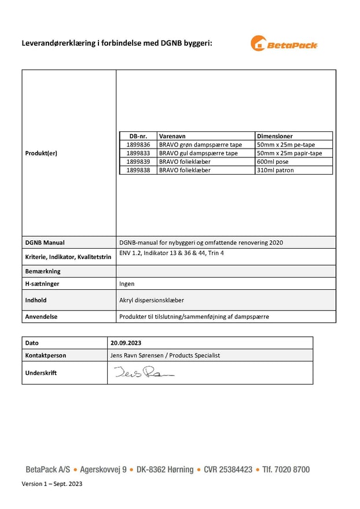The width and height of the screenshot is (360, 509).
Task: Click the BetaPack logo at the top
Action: click(x=284, y=43)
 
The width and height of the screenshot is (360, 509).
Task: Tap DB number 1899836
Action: click(x=138, y=145)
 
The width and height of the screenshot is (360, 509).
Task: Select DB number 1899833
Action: click(x=138, y=153)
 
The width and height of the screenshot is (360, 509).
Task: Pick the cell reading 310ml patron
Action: click(x=275, y=171)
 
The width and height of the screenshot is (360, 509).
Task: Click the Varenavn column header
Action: click(x=172, y=136)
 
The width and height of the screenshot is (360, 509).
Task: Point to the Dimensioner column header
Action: click(x=275, y=136)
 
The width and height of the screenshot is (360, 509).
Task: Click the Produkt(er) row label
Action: click(x=41, y=153)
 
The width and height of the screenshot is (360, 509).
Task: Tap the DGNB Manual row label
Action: click(x=45, y=242)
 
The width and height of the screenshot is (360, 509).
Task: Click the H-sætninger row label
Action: click(x=42, y=284)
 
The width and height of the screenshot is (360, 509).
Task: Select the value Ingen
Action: click(x=127, y=284)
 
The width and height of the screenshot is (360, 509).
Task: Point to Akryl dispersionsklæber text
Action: click(x=152, y=300)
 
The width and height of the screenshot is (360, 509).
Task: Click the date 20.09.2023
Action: click(x=126, y=343)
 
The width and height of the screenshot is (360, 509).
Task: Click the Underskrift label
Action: click(x=41, y=373)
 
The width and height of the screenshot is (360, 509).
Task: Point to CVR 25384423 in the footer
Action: click(x=228, y=470)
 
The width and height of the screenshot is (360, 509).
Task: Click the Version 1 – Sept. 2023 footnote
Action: click(x=52, y=484)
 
